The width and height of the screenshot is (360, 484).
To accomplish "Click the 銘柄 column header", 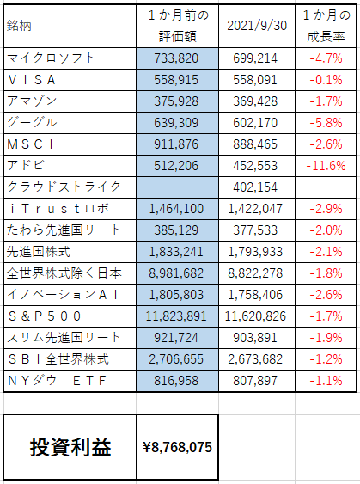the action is click(x=19, y=26).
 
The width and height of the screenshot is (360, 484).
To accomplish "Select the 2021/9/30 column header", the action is click(x=257, y=26).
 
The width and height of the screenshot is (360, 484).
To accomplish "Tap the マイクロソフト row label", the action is click(x=51, y=58).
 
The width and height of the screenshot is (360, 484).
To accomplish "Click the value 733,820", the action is click(x=176, y=58).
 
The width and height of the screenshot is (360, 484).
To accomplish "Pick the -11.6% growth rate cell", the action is click(x=326, y=166).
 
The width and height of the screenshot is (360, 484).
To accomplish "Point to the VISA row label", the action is click(x=32, y=80).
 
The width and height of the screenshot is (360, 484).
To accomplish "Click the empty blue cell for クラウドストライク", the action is click(x=177, y=187).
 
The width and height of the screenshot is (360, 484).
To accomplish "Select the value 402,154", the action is click(x=255, y=187).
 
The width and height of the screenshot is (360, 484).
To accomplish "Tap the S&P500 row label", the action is click(x=45, y=316).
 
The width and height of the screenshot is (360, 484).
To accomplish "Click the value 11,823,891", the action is click(x=176, y=316).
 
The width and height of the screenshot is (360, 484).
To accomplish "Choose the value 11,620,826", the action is click(x=255, y=316).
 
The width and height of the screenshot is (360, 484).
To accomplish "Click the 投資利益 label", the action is click(x=70, y=447).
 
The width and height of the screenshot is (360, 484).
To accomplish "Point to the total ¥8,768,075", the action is click(x=177, y=447).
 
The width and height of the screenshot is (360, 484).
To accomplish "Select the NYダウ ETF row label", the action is click(x=57, y=381).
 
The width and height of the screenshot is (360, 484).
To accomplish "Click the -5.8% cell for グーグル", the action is click(x=326, y=123).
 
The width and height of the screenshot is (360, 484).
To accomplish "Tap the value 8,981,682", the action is click(x=176, y=273).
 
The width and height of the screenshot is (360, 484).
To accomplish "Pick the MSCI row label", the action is click(x=30, y=144).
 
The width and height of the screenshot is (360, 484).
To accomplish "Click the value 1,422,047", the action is click(x=255, y=209).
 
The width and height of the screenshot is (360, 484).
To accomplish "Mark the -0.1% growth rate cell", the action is click(x=326, y=80).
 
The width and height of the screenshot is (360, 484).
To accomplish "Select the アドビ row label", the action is click(x=25, y=165).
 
